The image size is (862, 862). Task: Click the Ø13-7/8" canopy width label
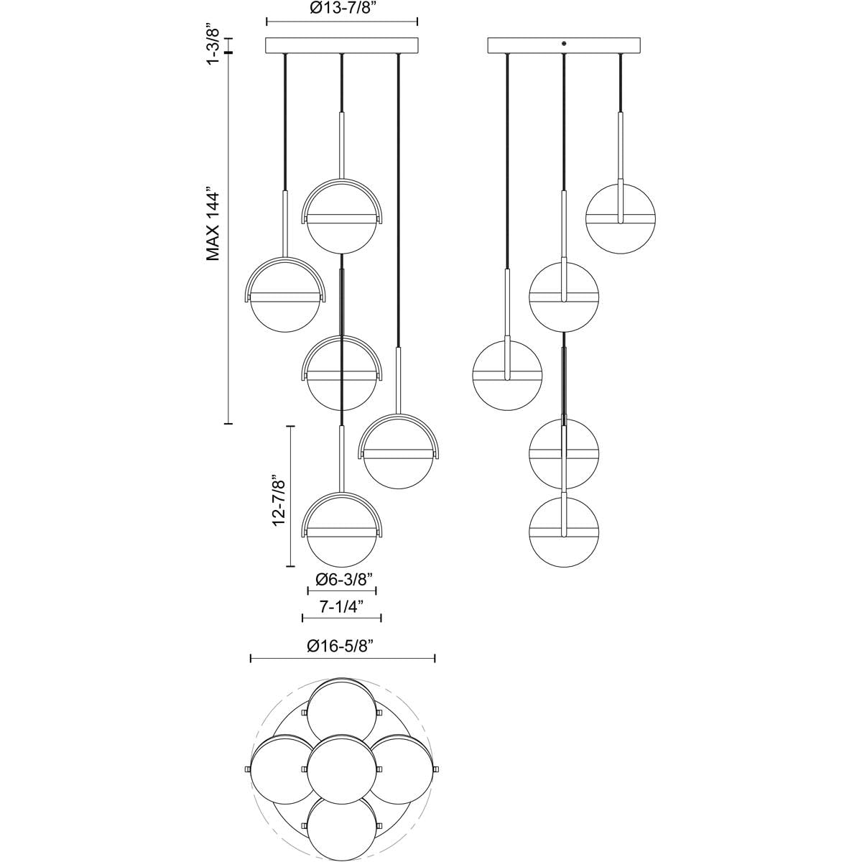tap(341, 9)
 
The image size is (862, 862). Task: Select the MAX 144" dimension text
tap(213, 226)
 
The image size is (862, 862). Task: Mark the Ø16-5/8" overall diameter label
tap(342, 646)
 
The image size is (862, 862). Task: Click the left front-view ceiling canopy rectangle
tap(342, 45)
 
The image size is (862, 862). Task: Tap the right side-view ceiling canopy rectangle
tap(564, 45)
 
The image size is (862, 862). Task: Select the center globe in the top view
tap(342, 766)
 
